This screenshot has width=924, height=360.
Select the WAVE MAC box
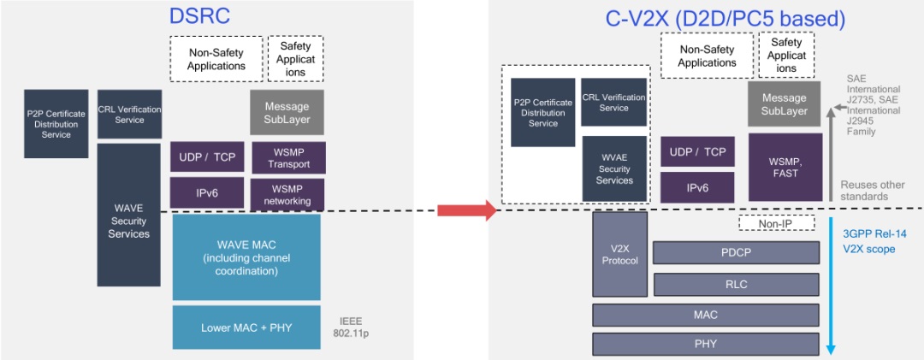click(246, 257)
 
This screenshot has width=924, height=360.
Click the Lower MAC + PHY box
click(246, 328)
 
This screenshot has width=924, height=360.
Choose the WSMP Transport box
click(288, 158)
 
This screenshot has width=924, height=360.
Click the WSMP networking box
click(288, 194)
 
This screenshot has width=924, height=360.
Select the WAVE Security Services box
click(129, 215)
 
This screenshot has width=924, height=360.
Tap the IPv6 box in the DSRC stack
click(207, 193)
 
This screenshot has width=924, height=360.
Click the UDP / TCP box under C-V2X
click(697, 152)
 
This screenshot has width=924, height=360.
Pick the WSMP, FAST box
click(784, 167)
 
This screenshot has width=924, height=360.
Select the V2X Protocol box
click(619, 254)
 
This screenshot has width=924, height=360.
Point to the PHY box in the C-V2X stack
click(707, 345)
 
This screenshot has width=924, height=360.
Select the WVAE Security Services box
click(614, 168)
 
